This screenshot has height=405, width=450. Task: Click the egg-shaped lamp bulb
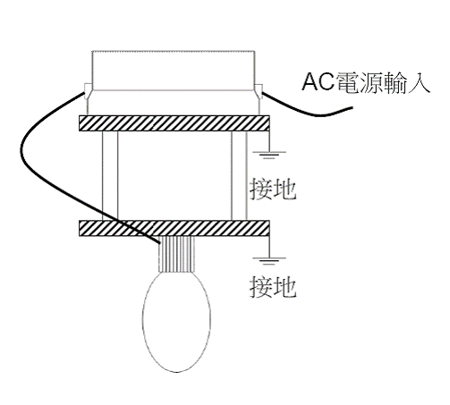coord(176,321)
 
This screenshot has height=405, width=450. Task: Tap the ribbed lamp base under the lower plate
coord(176,254)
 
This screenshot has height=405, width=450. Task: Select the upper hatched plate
coord(174,123)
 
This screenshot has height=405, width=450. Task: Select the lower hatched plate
coord(174,228)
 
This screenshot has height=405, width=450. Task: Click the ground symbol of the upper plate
coord(269,155)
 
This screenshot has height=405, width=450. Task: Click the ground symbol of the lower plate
coord(269,261)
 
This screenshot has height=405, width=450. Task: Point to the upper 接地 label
coord(273,189)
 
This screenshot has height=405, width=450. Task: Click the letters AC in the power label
coord(318,81)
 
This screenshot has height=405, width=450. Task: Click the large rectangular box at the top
coord(174,71)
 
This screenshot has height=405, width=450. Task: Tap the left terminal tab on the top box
coord(88,91)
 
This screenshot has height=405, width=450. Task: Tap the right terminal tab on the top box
coord(259,91)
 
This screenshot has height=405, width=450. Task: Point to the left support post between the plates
coord(110,176)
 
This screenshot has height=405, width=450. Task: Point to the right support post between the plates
coord(239,176)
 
